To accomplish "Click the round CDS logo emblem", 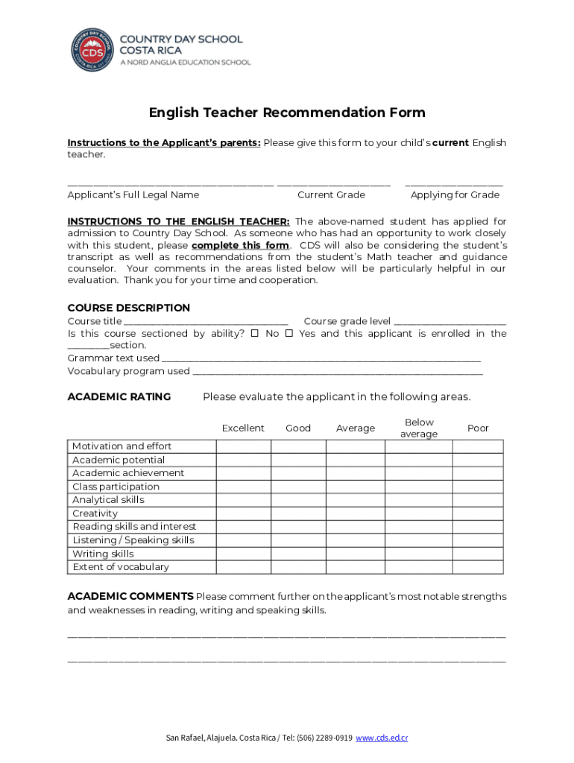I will point(93,50).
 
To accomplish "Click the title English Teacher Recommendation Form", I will point(287,113).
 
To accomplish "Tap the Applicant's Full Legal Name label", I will point(133,195).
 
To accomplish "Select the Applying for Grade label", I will point(455,195).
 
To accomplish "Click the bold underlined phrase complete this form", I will point(240,245).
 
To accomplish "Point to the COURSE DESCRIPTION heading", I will point(129,308).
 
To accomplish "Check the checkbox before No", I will point(254,334).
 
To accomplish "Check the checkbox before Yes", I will point(288,334).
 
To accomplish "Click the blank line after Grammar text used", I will point(321,359).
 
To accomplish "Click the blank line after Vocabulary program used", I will point(337,372).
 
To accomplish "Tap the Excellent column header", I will point(243,428).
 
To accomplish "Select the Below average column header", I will point(419,428).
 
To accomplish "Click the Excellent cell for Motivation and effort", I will point(243,446).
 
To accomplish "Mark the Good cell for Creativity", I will point(298,513).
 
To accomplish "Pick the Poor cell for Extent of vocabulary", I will point(478,567).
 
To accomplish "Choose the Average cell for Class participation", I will point(356,487).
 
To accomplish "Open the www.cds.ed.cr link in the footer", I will point(382,738).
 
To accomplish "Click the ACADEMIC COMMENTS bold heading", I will point(130,597).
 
